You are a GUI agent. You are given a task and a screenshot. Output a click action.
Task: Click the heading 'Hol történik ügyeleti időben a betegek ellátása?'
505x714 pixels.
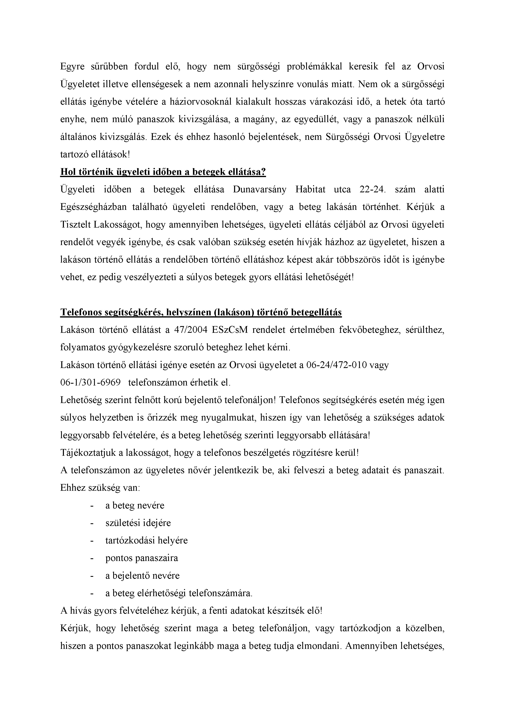(x=163, y=172)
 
